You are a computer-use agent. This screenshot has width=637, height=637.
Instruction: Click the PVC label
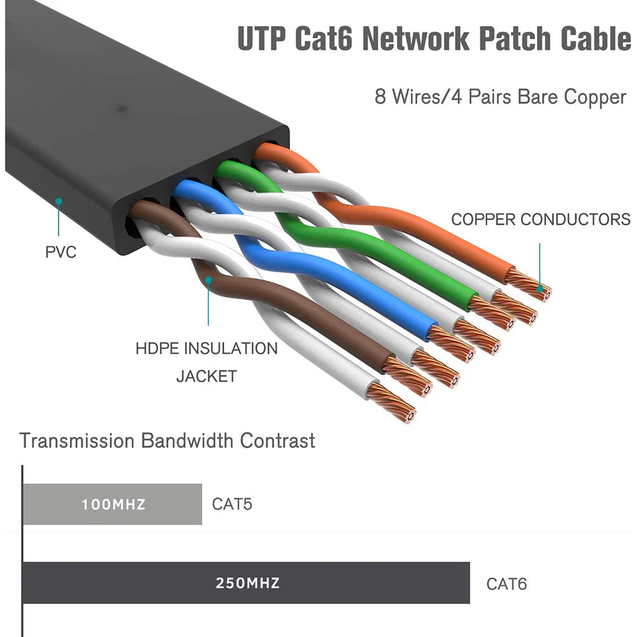61,252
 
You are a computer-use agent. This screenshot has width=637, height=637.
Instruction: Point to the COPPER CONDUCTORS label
540,220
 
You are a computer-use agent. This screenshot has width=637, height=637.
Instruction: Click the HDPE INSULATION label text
206,348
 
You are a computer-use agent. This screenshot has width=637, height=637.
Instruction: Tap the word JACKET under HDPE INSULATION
206,376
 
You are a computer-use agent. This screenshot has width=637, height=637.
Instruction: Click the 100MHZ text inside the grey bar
113,505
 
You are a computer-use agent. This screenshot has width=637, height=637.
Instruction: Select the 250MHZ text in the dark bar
247,583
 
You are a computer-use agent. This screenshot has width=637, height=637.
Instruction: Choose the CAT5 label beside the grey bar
232,505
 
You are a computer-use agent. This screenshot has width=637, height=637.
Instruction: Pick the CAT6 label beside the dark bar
506,583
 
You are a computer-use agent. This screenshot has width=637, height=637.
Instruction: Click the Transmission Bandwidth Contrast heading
167,440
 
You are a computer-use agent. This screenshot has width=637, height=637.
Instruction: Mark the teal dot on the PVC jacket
58,201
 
